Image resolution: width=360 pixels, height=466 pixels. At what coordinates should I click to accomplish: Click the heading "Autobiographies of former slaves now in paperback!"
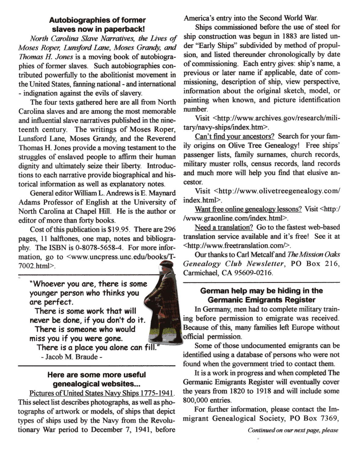[97, 25]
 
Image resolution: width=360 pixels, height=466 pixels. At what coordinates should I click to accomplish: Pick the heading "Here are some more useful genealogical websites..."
[97, 379]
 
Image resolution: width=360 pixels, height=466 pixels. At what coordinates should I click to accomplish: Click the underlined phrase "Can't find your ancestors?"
[234, 136]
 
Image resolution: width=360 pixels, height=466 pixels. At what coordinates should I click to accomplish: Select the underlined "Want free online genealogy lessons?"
[248, 209]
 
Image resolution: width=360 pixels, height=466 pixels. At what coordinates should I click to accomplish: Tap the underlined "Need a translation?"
[224, 227]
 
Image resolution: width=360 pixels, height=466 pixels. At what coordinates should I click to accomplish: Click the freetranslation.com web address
[236, 246]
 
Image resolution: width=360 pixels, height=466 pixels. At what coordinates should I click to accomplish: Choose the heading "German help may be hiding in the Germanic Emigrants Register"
[261, 295]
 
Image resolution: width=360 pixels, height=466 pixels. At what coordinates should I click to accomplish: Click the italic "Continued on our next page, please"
[293, 430]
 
